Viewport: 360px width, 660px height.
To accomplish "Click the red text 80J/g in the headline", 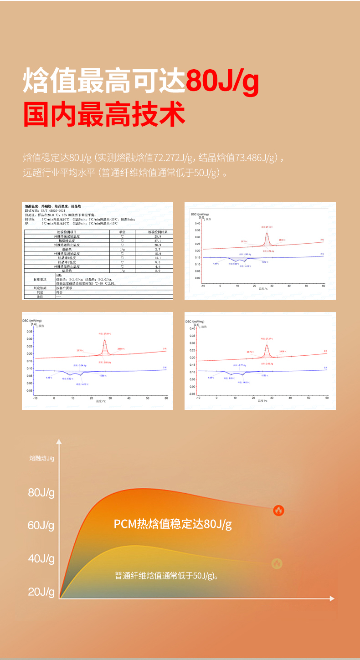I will [222, 81].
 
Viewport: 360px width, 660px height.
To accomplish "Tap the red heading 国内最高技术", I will [104, 115].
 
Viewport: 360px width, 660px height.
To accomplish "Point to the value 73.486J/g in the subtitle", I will [253, 158].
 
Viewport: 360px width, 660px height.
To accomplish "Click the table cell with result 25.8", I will [158, 236].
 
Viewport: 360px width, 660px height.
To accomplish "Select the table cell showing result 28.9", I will [158, 245].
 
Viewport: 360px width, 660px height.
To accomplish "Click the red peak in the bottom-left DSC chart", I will [104, 340].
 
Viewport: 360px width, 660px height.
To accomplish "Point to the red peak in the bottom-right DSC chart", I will [267, 345].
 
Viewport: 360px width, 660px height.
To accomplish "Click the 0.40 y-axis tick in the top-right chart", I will [197, 224].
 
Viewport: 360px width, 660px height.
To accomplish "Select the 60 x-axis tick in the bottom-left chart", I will [166, 398].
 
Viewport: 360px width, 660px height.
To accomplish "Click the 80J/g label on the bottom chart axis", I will [41, 492].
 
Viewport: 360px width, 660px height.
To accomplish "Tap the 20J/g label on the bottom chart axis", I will [41, 592].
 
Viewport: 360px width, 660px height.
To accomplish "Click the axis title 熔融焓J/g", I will [41, 458].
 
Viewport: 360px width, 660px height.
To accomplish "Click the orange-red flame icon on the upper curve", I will [278, 510].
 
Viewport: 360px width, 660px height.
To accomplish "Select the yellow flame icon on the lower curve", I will [277, 563].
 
